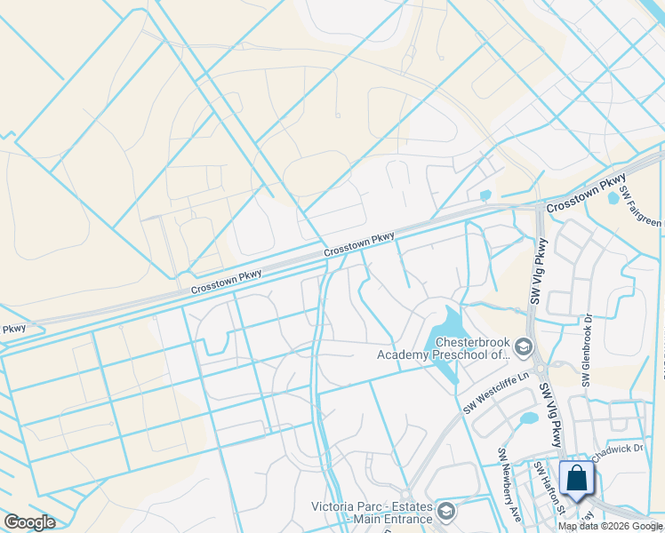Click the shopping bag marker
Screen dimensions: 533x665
pos(577,477)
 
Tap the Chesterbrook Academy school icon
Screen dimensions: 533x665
pos(524,346)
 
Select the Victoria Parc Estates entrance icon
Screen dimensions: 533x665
pos(445,512)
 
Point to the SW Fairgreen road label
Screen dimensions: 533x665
pos(642,206)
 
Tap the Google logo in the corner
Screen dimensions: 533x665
pos(29,522)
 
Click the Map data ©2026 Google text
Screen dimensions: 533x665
pos(610,526)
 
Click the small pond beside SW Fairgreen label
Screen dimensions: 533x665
pos(613,198)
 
